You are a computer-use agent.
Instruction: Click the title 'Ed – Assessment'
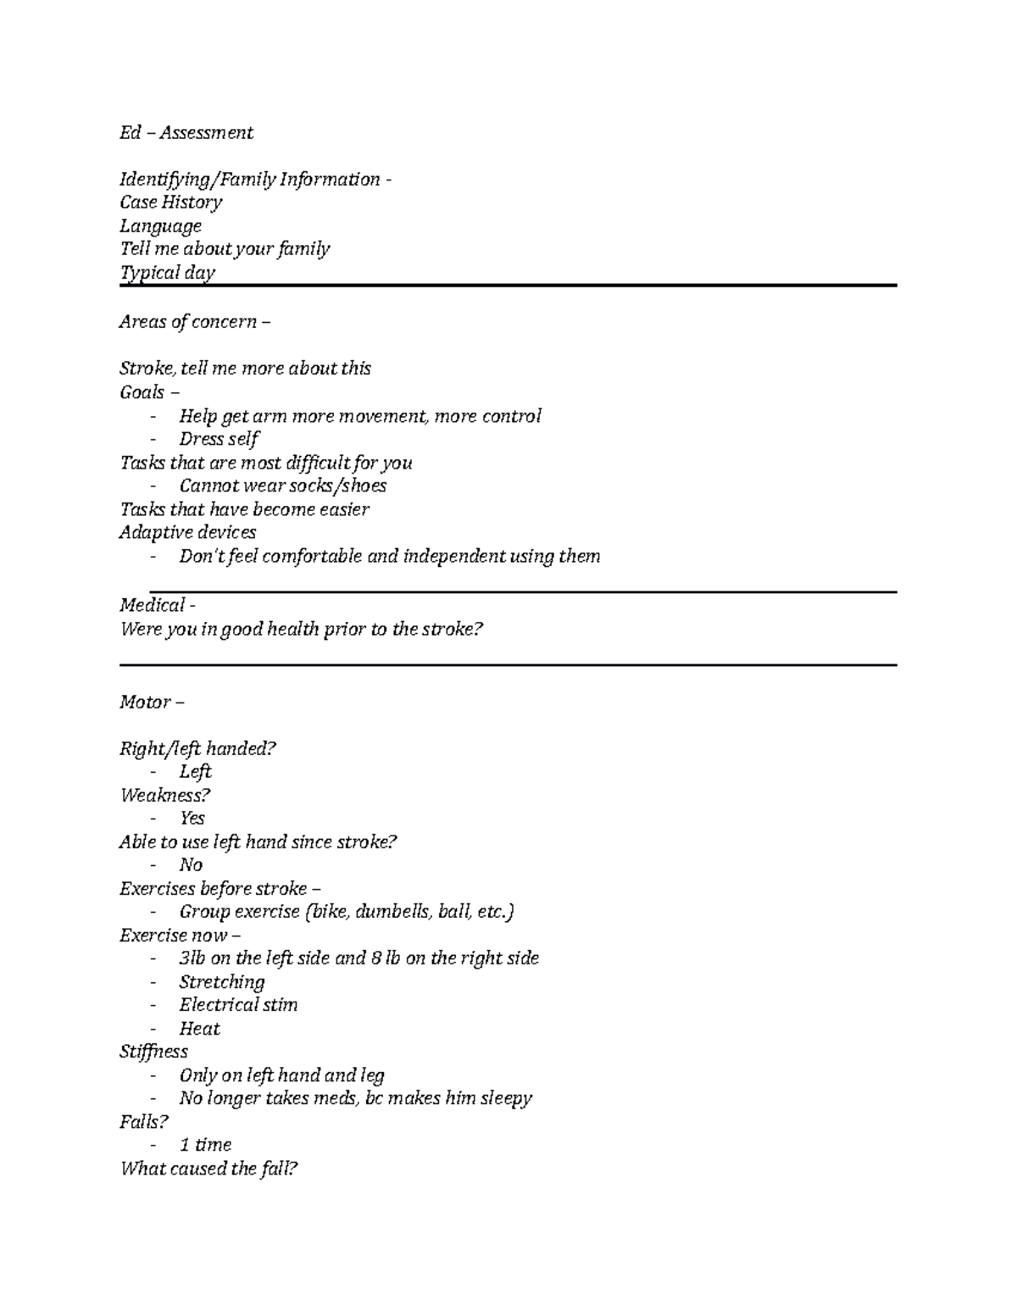coord(186,133)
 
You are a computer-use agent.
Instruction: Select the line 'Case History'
coord(170,203)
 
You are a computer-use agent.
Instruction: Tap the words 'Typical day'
coord(167,273)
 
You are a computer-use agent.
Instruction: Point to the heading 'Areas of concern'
coord(188,322)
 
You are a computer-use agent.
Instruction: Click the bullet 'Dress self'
coord(219,439)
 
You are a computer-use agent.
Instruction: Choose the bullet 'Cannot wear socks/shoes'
coord(282,486)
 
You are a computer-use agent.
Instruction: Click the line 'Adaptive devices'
coord(187,532)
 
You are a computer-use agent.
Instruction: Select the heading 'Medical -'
coord(158,605)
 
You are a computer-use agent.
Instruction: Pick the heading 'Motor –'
coord(152,702)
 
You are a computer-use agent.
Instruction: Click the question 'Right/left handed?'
coord(198,748)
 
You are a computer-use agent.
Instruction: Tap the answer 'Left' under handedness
coord(195,772)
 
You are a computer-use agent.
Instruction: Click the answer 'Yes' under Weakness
coord(192,819)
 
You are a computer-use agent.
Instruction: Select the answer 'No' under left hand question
coord(191,865)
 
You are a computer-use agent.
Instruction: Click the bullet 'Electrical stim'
coord(238,1005)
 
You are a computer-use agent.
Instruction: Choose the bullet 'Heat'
coord(199,1029)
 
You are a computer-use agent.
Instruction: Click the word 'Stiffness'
coord(153,1052)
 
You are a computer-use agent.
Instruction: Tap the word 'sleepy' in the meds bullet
coord(506,1098)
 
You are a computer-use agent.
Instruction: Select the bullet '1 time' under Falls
coord(205,1145)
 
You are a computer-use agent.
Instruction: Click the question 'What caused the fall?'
coord(208,1169)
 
